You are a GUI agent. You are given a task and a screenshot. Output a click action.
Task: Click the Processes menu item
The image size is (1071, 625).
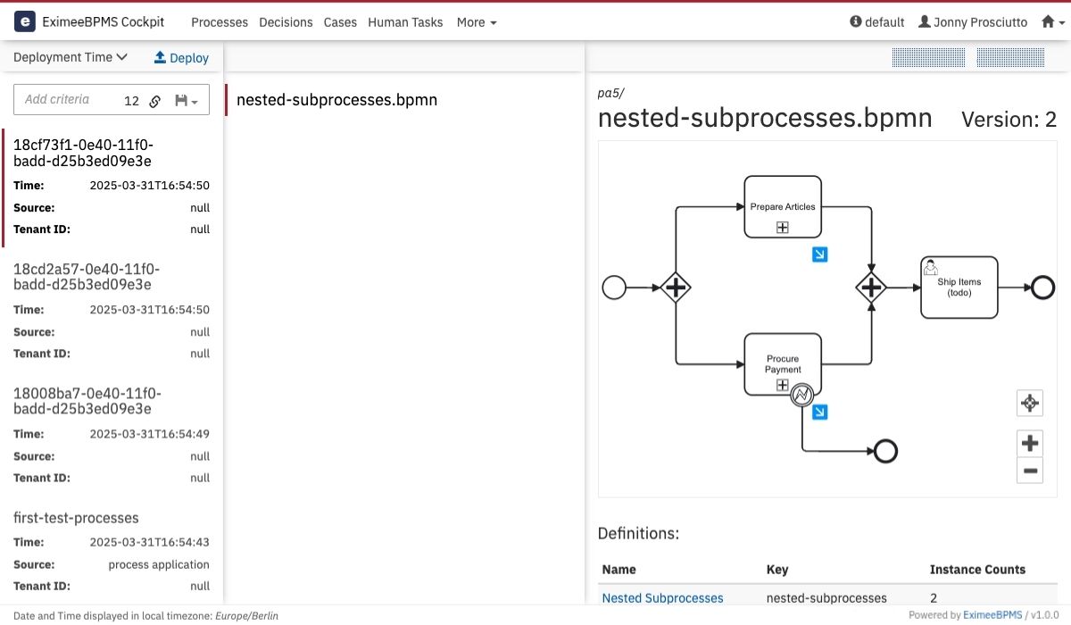click(x=220, y=22)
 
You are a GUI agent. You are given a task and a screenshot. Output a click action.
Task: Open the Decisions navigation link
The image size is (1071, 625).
click(x=286, y=22)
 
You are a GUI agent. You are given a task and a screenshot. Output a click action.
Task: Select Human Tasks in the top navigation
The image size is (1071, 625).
click(x=405, y=22)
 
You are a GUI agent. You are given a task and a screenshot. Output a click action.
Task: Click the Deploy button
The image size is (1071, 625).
click(x=181, y=58)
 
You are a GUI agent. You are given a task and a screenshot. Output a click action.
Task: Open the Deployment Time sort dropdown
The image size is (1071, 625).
click(x=71, y=57)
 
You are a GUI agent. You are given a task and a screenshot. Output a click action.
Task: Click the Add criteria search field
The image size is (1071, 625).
click(x=67, y=99)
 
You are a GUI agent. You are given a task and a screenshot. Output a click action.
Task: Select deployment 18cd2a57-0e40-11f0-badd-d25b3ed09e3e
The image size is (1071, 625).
click(x=87, y=277)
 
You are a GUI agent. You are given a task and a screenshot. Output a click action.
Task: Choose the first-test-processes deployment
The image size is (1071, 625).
click(x=76, y=517)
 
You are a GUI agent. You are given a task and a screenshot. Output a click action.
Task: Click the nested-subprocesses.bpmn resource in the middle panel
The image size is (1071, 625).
click(x=336, y=99)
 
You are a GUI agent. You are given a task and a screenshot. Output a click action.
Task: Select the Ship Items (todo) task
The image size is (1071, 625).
click(x=959, y=287)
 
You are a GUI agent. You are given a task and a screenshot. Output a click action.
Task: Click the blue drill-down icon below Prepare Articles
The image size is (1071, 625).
click(x=819, y=254)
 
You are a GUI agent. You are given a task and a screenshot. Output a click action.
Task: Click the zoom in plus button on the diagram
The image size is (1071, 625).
click(x=1030, y=443)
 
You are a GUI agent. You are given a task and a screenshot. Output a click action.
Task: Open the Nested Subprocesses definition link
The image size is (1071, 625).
click(x=662, y=597)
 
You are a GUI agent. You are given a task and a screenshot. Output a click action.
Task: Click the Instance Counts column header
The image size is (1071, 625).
click(x=977, y=569)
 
